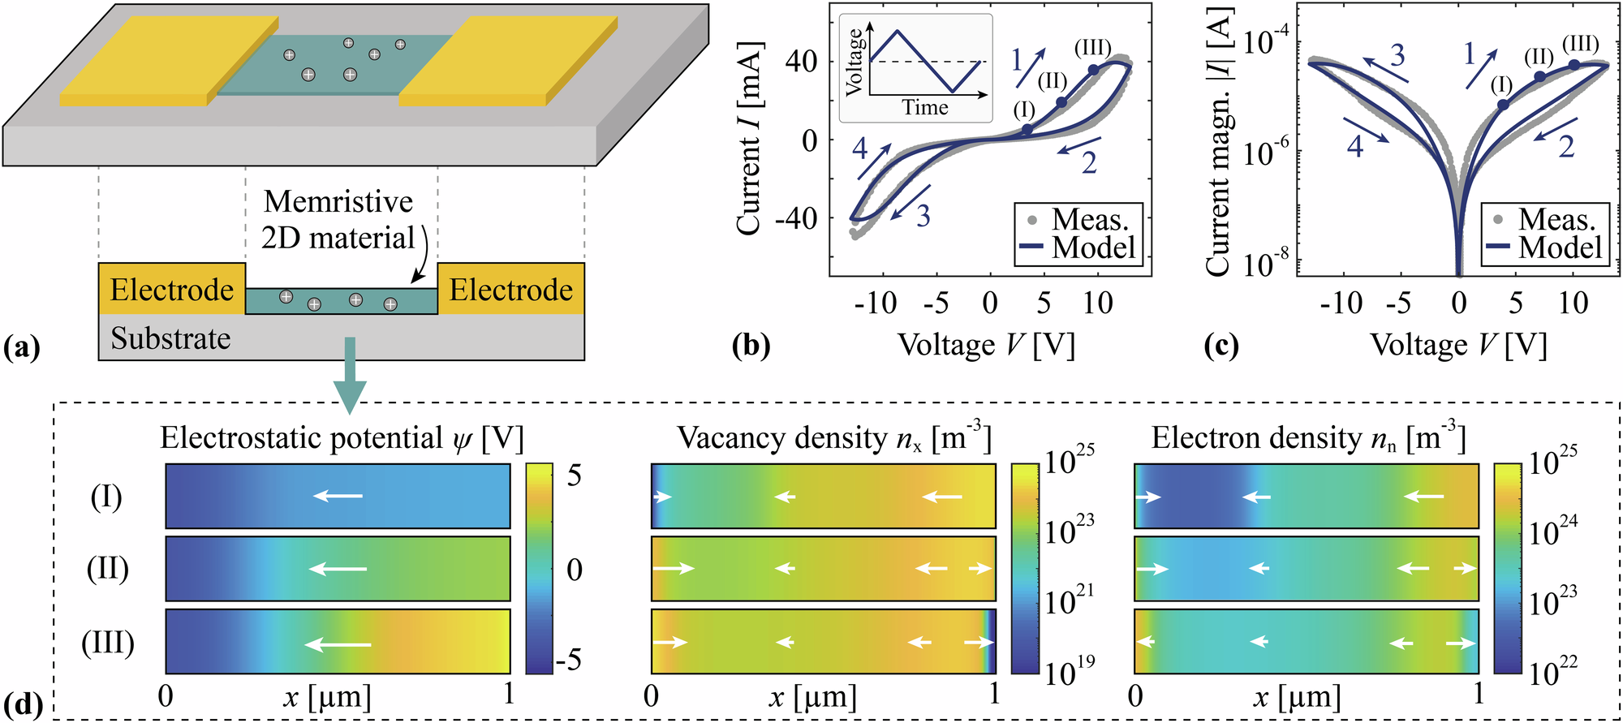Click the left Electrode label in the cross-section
pos(171,290)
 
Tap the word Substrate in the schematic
pos(170,338)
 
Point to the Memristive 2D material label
pos(338,220)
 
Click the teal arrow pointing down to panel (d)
pos(350,373)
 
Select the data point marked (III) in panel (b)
pos(1094,70)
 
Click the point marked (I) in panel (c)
pos(1502,105)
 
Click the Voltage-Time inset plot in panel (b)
pos(915,68)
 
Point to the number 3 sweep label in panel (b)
pos(923,216)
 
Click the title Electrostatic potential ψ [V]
pos(342,438)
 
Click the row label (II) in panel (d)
pos(107,569)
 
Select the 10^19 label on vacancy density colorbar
pos(1069,673)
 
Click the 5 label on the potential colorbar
pos(574,476)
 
